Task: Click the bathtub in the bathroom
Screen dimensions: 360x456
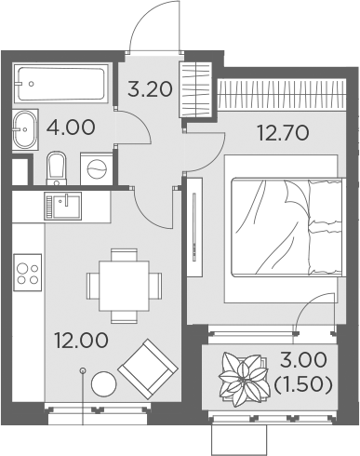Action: tap(61, 82)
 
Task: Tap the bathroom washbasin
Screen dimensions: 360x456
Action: tap(25, 129)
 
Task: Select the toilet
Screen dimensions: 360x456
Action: tap(57, 168)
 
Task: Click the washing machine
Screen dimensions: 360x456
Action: tap(97, 168)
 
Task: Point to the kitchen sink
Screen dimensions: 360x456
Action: tap(62, 206)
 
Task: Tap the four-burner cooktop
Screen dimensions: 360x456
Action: tap(28, 273)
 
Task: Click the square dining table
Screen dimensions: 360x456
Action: tap(124, 286)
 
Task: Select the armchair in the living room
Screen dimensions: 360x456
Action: tap(148, 369)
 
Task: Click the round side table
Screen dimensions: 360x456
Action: tap(104, 383)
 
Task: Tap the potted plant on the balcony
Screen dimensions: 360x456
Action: tap(244, 379)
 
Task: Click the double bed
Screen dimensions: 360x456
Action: tap(287, 227)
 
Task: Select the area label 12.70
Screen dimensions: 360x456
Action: tap(283, 133)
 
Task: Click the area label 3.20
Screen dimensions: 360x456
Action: tap(150, 89)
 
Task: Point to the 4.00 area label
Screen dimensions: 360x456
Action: tap(71, 127)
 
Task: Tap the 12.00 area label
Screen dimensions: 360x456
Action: tap(81, 341)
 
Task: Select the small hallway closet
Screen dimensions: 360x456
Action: tap(196, 89)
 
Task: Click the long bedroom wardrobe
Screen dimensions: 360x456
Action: tap(282, 94)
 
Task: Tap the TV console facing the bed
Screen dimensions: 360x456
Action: tap(194, 227)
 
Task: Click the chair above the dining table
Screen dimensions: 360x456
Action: tap(124, 255)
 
